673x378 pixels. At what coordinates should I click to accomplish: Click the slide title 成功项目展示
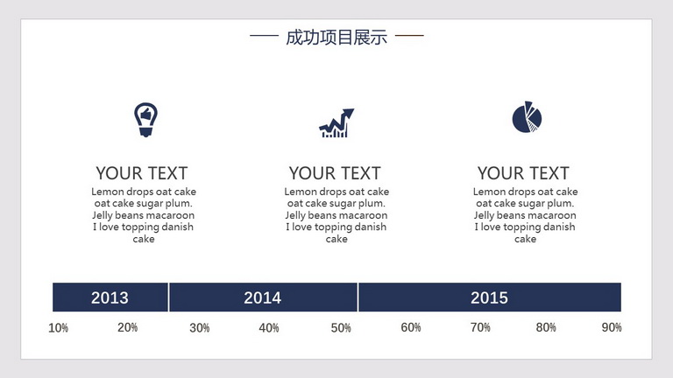pyautogui.click(x=336, y=38)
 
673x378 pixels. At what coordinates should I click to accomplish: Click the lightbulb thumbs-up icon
pyautogui.click(x=146, y=120)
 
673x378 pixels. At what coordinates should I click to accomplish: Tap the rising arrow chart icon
pyautogui.click(x=336, y=123)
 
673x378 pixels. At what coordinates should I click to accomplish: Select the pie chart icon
pyautogui.click(x=527, y=117)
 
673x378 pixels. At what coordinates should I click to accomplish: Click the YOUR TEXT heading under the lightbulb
pyautogui.click(x=142, y=173)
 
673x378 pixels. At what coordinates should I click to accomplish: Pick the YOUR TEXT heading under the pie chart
pyautogui.click(x=524, y=173)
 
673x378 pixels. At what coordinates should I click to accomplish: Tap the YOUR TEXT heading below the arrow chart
pyautogui.click(x=335, y=173)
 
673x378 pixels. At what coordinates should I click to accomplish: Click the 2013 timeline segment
pyautogui.click(x=110, y=297)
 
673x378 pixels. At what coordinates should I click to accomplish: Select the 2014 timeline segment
pyautogui.click(x=263, y=297)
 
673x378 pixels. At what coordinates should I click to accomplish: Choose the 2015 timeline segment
pyautogui.click(x=490, y=297)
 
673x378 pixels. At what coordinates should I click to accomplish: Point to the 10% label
pyautogui.click(x=59, y=328)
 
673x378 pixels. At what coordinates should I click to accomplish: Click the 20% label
pyautogui.click(x=127, y=327)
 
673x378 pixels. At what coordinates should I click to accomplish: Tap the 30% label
pyautogui.click(x=200, y=328)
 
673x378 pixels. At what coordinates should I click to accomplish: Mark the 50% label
pyautogui.click(x=341, y=328)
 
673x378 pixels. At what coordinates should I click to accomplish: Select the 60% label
pyautogui.click(x=411, y=327)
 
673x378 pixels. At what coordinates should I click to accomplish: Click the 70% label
pyautogui.click(x=480, y=327)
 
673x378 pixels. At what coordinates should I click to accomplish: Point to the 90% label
pyautogui.click(x=612, y=327)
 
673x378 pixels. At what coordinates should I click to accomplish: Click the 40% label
pyautogui.click(x=269, y=328)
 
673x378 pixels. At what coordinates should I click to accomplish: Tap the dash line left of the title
pyautogui.click(x=264, y=36)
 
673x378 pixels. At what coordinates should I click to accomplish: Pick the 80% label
pyautogui.click(x=546, y=327)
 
